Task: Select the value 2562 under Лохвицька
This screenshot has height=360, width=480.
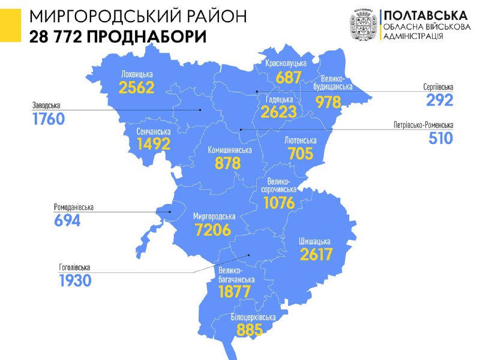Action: point(137,88)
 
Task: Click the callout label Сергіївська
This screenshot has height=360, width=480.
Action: point(437,87)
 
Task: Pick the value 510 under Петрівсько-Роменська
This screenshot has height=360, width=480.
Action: point(440,138)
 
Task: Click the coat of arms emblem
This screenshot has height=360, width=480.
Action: point(363,24)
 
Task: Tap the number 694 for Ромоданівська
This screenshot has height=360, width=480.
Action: point(67,220)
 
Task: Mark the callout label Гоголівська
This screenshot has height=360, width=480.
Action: point(78,268)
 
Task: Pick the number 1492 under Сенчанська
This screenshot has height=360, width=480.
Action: point(153,143)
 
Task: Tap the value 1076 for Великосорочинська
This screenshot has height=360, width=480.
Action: point(279,203)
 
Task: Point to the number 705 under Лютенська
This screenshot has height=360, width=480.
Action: point(300,154)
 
